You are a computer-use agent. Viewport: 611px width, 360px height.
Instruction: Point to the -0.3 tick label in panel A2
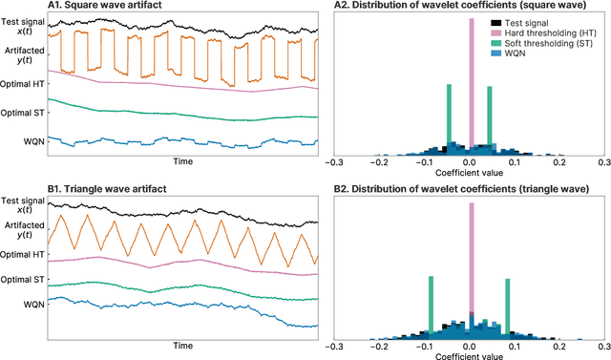[333, 163]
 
